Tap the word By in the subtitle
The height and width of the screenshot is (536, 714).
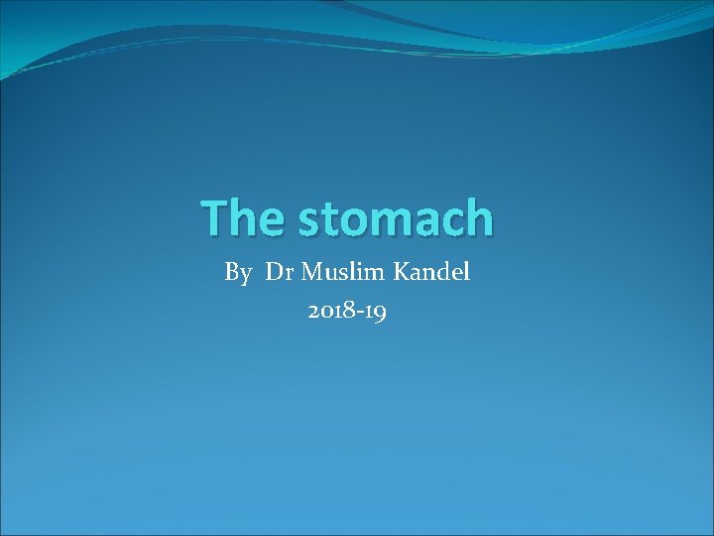click(238, 273)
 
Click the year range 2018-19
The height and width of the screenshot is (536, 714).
click(347, 312)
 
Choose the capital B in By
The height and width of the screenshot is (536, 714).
click(232, 272)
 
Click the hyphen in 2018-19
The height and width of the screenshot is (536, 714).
click(362, 314)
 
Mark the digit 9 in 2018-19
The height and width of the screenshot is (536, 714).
click(380, 314)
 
